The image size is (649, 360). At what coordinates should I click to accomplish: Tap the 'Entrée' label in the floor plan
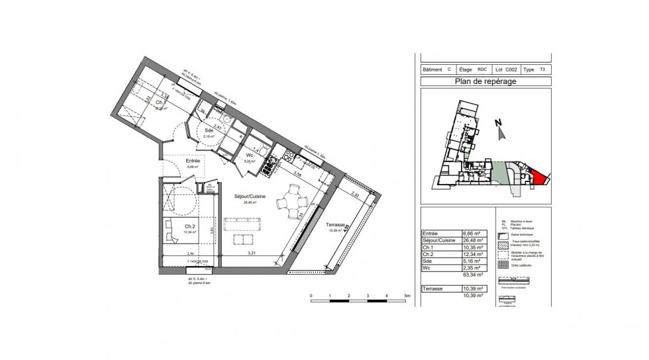193,161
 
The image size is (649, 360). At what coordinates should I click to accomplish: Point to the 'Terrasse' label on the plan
336,225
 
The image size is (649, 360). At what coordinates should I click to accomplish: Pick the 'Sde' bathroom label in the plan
210,130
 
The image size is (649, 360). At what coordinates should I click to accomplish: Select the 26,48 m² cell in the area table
472,240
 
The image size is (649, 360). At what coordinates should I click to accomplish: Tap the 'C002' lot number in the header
511,69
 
